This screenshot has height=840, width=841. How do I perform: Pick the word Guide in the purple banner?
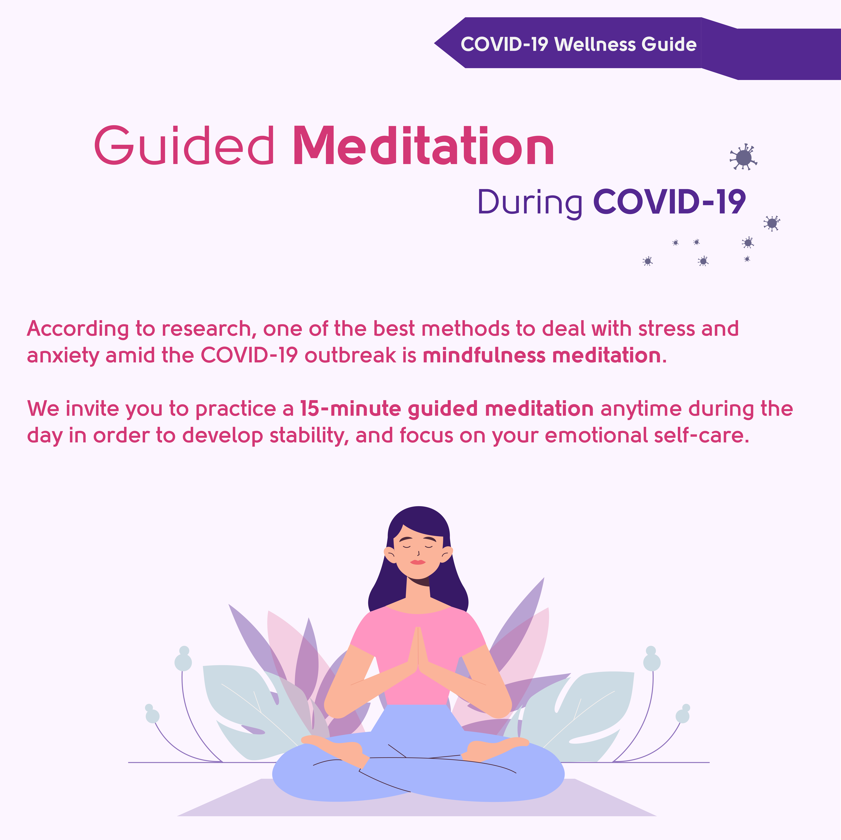(669, 44)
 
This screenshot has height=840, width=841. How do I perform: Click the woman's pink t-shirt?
(418, 657)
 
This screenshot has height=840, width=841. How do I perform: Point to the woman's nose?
(418, 553)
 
